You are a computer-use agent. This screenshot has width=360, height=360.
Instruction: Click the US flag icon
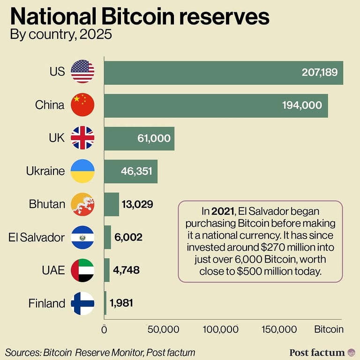82,72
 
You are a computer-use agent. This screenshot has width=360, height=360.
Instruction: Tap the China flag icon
82,105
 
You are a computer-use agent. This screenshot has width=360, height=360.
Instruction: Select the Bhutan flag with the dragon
82,204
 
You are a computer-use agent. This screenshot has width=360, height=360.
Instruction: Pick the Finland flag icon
82,303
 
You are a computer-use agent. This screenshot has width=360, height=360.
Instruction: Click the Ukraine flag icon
82,171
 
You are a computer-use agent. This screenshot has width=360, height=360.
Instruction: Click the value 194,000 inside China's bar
302,105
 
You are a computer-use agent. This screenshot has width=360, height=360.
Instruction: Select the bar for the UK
139,138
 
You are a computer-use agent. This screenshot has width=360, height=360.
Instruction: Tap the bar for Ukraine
130,171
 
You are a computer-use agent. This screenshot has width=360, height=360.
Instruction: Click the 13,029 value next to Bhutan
137,204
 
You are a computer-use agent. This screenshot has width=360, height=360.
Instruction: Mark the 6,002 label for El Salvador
128,237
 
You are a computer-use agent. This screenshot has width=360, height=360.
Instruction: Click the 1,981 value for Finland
121,303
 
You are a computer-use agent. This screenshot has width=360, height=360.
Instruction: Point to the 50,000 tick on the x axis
163,330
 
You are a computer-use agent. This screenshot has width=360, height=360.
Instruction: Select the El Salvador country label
37,237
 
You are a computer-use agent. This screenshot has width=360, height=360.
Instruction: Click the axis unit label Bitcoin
329,330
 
